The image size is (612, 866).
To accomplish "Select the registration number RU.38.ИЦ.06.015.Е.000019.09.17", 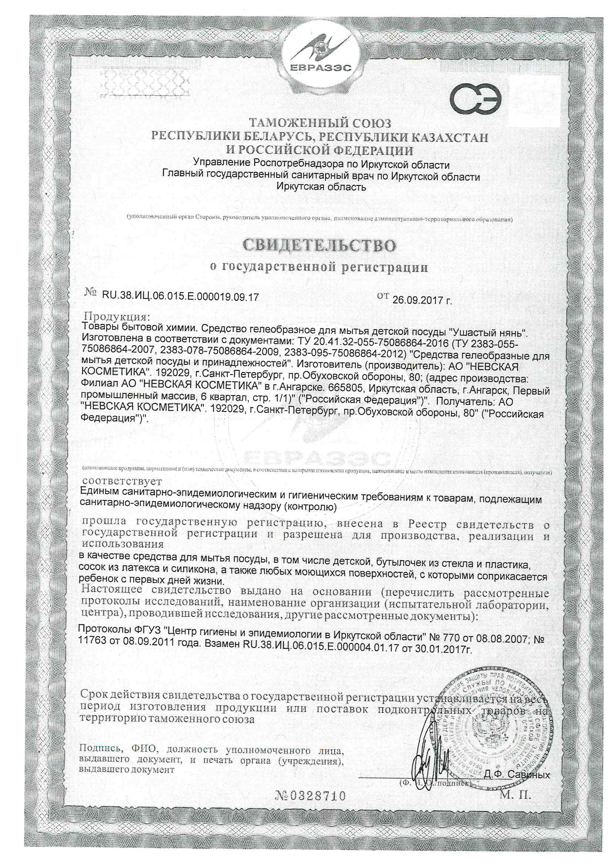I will (180, 297).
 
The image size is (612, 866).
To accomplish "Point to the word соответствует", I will (122, 481).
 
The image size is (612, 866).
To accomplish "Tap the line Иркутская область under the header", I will (321, 187).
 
